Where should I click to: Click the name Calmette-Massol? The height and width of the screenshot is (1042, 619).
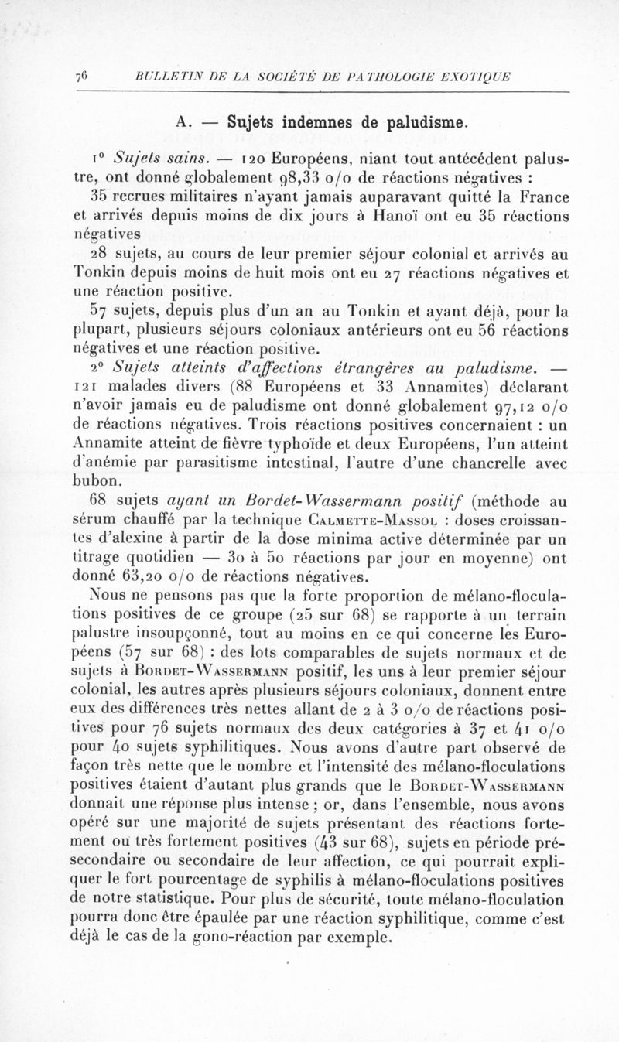tap(366, 518)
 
